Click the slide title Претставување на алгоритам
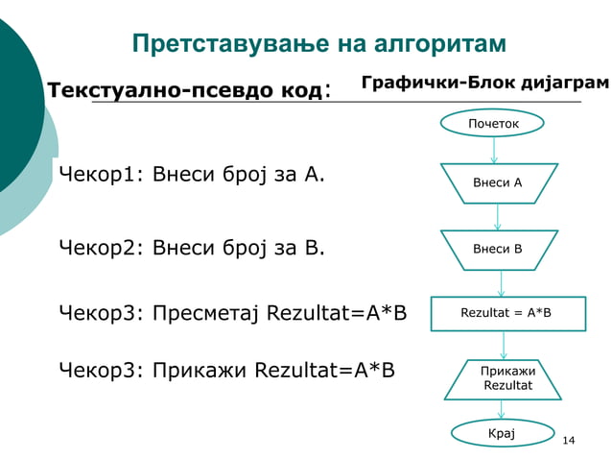coord(318,45)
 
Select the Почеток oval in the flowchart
coord(493,124)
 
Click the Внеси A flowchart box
coord(498,182)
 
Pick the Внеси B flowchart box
coord(498,250)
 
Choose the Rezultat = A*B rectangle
coord(506,312)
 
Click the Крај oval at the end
coord(502,434)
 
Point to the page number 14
coord(568,440)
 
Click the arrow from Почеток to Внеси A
coord(494,150)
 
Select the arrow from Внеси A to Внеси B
coord(498,217)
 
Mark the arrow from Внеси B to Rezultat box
coord(502,283)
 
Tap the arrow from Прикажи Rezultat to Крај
coord(502,409)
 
